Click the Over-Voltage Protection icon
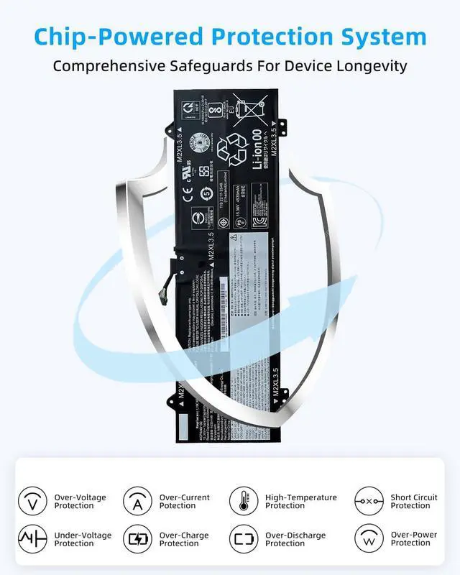32,500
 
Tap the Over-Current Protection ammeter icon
137,500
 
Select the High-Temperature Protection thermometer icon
244,500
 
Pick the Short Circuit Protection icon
369,500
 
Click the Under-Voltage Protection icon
32,539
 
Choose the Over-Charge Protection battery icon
137,539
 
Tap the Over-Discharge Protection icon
244,539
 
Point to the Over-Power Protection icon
369,539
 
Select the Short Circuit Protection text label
414,501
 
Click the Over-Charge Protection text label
185,540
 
